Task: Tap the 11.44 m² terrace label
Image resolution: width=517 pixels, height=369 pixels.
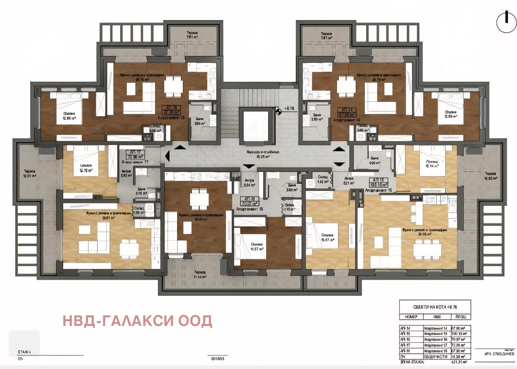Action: (200, 274)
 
